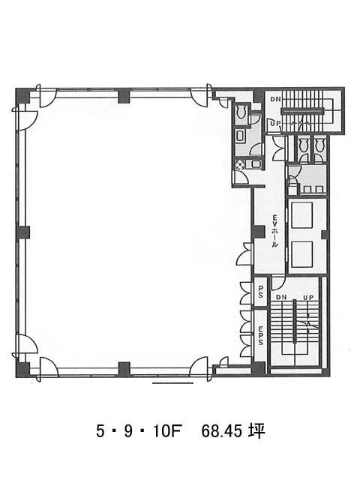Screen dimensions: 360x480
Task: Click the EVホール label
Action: (x=274, y=231)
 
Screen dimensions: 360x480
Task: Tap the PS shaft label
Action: (x=260, y=292)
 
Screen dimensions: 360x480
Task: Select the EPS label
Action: (x=260, y=335)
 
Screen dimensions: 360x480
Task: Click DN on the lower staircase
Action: (x=281, y=297)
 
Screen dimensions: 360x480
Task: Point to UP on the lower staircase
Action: (x=308, y=297)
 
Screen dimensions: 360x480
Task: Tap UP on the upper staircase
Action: (x=274, y=123)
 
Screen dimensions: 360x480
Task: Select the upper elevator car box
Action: (x=301, y=215)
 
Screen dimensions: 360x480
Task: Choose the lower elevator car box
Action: (x=301, y=254)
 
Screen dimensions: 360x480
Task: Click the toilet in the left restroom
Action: (x=241, y=112)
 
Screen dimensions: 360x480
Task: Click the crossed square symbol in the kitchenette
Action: (x=238, y=165)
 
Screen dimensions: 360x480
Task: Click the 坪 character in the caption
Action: (x=256, y=432)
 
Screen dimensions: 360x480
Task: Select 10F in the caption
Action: (x=168, y=432)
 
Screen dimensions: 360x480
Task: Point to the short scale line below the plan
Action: (x=172, y=382)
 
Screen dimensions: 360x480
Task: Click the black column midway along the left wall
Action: (x=22, y=232)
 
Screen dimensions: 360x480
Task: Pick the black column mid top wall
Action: (x=124, y=95)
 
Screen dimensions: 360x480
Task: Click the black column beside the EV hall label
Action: (x=259, y=232)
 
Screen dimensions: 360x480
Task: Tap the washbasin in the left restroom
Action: (x=239, y=135)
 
